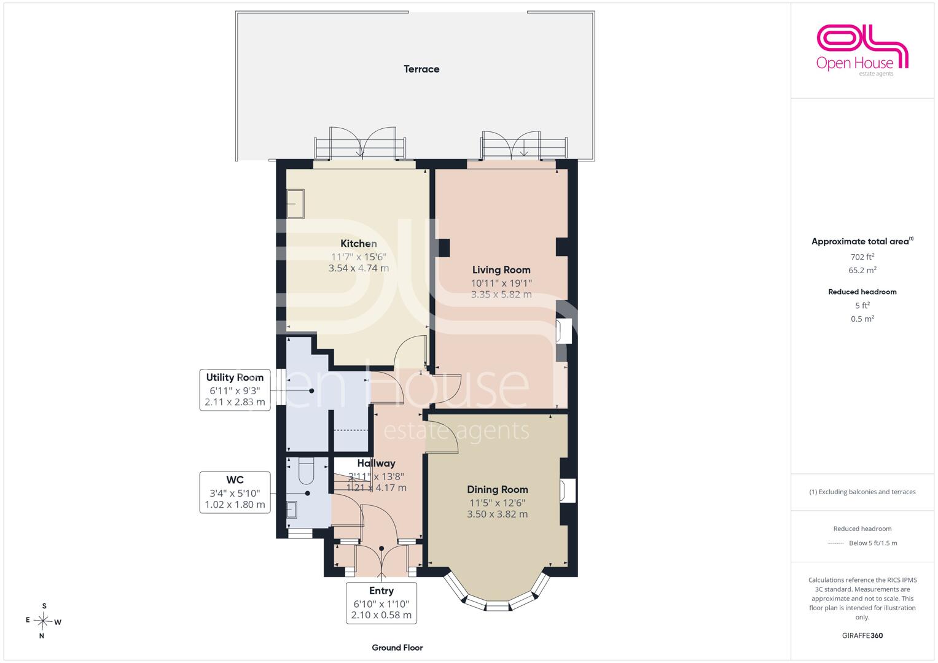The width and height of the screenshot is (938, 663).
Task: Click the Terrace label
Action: point(421,69)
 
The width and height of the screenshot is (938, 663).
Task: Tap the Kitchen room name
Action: point(359,244)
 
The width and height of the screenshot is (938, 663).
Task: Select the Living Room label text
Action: point(501,270)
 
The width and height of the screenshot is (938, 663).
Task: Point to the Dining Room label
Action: point(498,489)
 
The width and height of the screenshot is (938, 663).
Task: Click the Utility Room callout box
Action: point(235,390)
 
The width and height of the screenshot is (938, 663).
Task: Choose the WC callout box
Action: point(235,492)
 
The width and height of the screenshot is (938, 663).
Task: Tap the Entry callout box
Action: point(381,603)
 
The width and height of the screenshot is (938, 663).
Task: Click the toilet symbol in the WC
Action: point(307,470)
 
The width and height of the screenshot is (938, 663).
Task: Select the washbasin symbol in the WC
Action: point(292,510)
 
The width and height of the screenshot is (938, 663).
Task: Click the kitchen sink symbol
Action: point(295,204)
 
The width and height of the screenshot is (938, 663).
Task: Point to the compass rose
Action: point(43,621)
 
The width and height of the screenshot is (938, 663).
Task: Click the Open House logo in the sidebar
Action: point(862,50)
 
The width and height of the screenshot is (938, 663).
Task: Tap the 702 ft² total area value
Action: point(862,257)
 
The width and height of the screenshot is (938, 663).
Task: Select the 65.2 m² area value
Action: point(862,270)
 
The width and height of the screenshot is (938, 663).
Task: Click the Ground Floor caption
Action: point(397,648)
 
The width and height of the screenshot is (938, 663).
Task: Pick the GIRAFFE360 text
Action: point(862,635)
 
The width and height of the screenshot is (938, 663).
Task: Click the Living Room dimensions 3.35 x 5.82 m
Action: point(501,294)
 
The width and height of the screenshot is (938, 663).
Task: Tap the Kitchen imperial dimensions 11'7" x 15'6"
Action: point(359,257)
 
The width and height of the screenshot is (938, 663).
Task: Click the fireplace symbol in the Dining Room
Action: point(568,490)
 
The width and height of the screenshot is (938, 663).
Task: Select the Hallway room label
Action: point(376,463)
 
